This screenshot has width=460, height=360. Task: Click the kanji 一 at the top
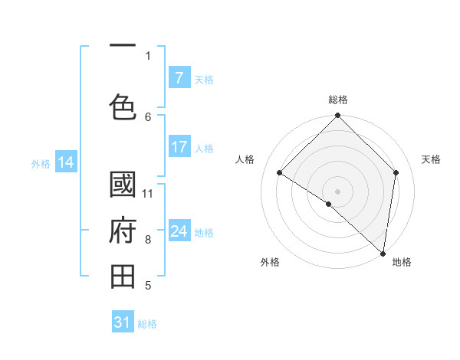pyautogui.click(x=123, y=46)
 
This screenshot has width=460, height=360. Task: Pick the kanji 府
pyautogui.click(x=123, y=231)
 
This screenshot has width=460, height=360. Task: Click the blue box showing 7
pyautogui.click(x=179, y=77)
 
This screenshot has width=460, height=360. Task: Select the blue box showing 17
pyautogui.click(x=179, y=147)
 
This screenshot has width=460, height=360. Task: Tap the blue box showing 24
pyautogui.click(x=179, y=231)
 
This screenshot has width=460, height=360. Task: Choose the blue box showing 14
pyautogui.click(x=66, y=162)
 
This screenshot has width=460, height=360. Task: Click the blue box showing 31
pyautogui.click(x=123, y=322)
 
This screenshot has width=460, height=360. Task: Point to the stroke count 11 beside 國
pyautogui.click(x=148, y=193)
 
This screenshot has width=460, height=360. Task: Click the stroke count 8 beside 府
pyautogui.click(x=148, y=240)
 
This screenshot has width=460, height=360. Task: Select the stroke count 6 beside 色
pyautogui.click(x=148, y=116)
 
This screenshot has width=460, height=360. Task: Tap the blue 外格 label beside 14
pyautogui.click(x=41, y=163)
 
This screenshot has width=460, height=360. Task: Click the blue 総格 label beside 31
pyautogui.click(x=147, y=324)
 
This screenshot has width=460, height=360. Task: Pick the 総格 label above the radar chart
pyautogui.click(x=338, y=100)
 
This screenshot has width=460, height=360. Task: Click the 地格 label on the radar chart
pyautogui.click(x=402, y=262)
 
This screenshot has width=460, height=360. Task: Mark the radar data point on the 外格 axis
pyautogui.click(x=328, y=204)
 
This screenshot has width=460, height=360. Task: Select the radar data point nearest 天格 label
pyautogui.click(x=396, y=172)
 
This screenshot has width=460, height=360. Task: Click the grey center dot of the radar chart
pyautogui.click(x=337, y=191)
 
